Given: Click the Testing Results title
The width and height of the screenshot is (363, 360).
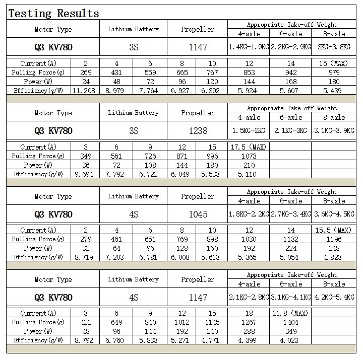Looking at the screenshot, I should [53, 14].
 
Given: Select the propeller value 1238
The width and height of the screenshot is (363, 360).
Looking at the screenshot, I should [198, 131].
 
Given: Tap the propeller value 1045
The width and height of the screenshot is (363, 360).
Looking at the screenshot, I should [198, 214].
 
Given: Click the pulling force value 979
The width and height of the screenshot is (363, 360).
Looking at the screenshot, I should [334, 73].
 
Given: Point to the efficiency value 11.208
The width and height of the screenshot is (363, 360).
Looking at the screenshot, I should [85, 91].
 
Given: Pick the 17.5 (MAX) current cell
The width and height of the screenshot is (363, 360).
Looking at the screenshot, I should [249, 147].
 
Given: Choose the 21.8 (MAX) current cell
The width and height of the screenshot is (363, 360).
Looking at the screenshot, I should [290, 313].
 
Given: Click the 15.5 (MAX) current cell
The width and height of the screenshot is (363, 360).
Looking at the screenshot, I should [334, 230].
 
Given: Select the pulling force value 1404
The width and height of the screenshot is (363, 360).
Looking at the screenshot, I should [290, 322].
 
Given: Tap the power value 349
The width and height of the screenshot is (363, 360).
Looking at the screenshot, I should [290, 331].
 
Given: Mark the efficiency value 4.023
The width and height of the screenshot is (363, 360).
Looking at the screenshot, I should [290, 340].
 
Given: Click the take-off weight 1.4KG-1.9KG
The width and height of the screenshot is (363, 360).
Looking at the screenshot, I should [249, 47].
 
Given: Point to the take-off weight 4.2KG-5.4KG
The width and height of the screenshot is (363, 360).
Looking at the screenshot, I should [334, 298].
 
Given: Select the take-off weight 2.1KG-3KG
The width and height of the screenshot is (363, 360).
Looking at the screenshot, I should [290, 131].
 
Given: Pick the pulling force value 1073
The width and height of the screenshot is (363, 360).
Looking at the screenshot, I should [249, 156].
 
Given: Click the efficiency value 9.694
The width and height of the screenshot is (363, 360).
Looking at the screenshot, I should [85, 174].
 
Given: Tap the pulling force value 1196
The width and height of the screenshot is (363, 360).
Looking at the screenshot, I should [334, 239].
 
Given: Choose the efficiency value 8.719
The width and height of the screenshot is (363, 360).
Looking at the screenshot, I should [85, 257].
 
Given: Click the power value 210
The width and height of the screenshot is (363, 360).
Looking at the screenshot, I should [249, 165].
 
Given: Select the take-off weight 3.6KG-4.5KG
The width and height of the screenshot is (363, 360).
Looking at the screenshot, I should [334, 214].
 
